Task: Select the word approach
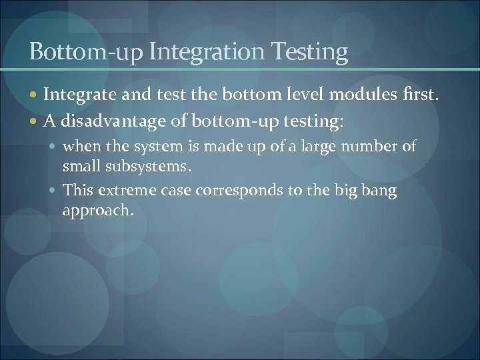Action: (x=98, y=211)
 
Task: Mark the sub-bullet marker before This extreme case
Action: (x=54, y=191)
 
